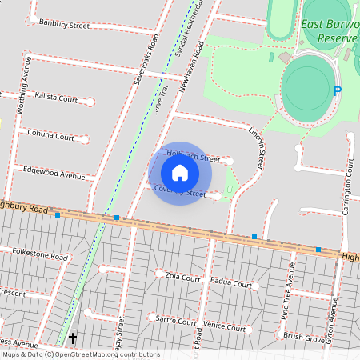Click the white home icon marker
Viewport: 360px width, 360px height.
click(x=180, y=173)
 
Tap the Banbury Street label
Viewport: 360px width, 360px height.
click(x=64, y=25)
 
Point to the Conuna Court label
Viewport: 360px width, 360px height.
click(x=50, y=136)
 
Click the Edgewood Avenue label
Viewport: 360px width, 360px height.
click(x=54, y=174)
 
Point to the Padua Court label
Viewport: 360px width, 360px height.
click(x=230, y=283)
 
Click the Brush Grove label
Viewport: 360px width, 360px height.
click(x=304, y=338)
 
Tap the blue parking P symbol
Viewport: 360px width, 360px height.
click(x=338, y=91)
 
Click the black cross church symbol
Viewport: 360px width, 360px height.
click(x=73, y=338)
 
